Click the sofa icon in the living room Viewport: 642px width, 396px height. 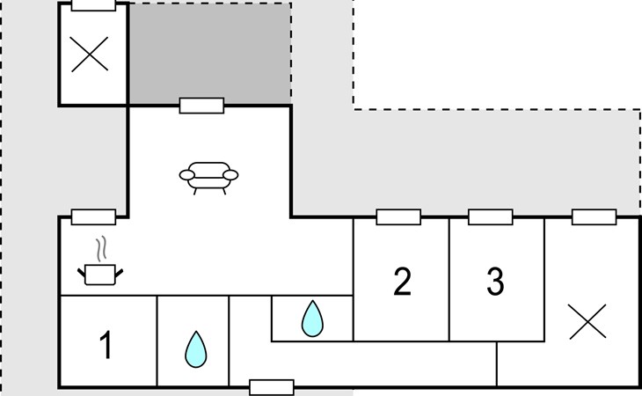click(x=208, y=178)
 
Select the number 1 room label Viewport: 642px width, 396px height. click(x=106, y=345)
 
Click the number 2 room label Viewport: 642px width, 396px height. click(x=402, y=282)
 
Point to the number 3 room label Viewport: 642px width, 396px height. click(x=495, y=282)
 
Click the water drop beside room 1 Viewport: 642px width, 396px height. click(x=196, y=349)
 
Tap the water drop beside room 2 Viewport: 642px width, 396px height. click(x=312, y=319)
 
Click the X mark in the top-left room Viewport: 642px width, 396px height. click(x=90, y=54)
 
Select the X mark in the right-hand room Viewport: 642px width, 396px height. click(x=587, y=321)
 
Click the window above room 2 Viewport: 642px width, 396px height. click(x=398, y=217)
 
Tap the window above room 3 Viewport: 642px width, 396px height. click(x=491, y=217)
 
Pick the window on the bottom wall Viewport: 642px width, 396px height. click(x=272, y=387)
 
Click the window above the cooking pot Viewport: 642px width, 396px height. click(x=93, y=217)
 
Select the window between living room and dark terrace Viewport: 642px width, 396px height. click(x=202, y=106)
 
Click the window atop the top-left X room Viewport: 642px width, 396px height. click(x=93, y=4)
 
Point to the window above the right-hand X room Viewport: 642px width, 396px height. click(x=595, y=217)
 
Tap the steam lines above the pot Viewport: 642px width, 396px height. click(x=101, y=248)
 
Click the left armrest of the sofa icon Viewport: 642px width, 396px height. click(x=186, y=175)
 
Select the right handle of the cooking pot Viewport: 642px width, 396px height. click(x=119, y=274)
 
